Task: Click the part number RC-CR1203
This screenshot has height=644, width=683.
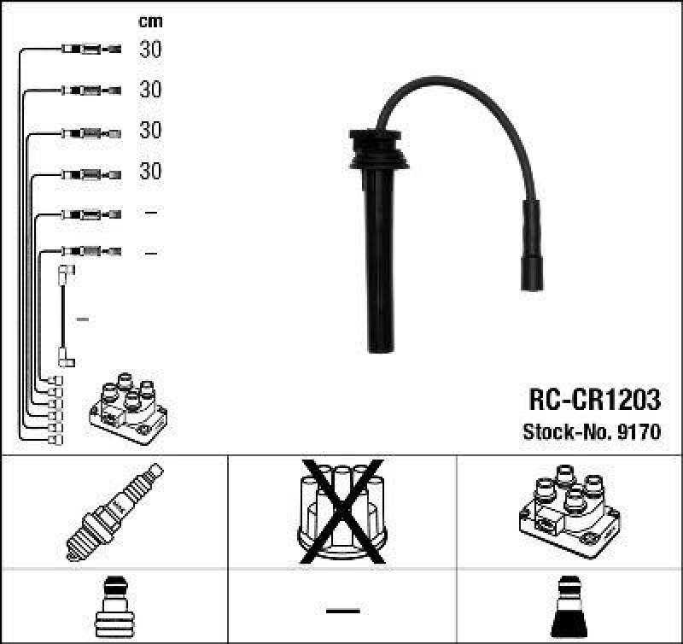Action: (x=594, y=400)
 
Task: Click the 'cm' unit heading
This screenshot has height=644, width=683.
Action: (x=150, y=21)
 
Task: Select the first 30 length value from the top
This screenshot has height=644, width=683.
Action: (x=150, y=50)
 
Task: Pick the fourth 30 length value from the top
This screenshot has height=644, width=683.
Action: (x=150, y=172)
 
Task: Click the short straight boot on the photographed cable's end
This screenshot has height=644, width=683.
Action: (x=530, y=247)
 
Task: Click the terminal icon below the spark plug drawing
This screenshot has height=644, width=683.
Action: (x=114, y=608)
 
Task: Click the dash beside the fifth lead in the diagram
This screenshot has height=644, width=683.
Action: (x=150, y=213)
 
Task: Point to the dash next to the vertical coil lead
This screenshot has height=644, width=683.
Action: (x=83, y=319)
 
